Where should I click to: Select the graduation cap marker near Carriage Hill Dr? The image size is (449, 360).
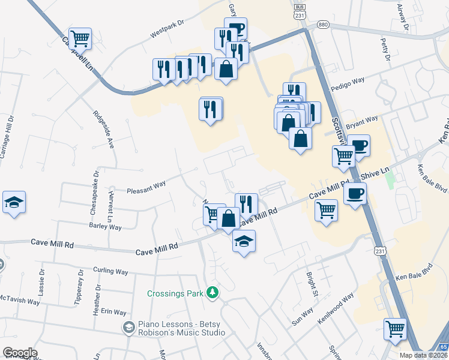(x=14, y=203)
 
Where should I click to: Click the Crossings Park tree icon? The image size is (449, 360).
(x=212, y=293)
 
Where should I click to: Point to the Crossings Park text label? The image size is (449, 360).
(x=176, y=293)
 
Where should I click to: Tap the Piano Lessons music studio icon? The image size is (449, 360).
(x=128, y=328)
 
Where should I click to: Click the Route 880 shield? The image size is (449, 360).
(x=324, y=25)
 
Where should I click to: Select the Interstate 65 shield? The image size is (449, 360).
(x=444, y=347)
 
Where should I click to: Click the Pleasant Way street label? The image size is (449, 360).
(x=146, y=188)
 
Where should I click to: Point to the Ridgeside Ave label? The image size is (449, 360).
(x=103, y=129)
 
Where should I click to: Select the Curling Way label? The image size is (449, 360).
(x=110, y=271)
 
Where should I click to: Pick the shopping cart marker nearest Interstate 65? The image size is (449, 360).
(x=395, y=328)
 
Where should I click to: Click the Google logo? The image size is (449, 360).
(x=20, y=353)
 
